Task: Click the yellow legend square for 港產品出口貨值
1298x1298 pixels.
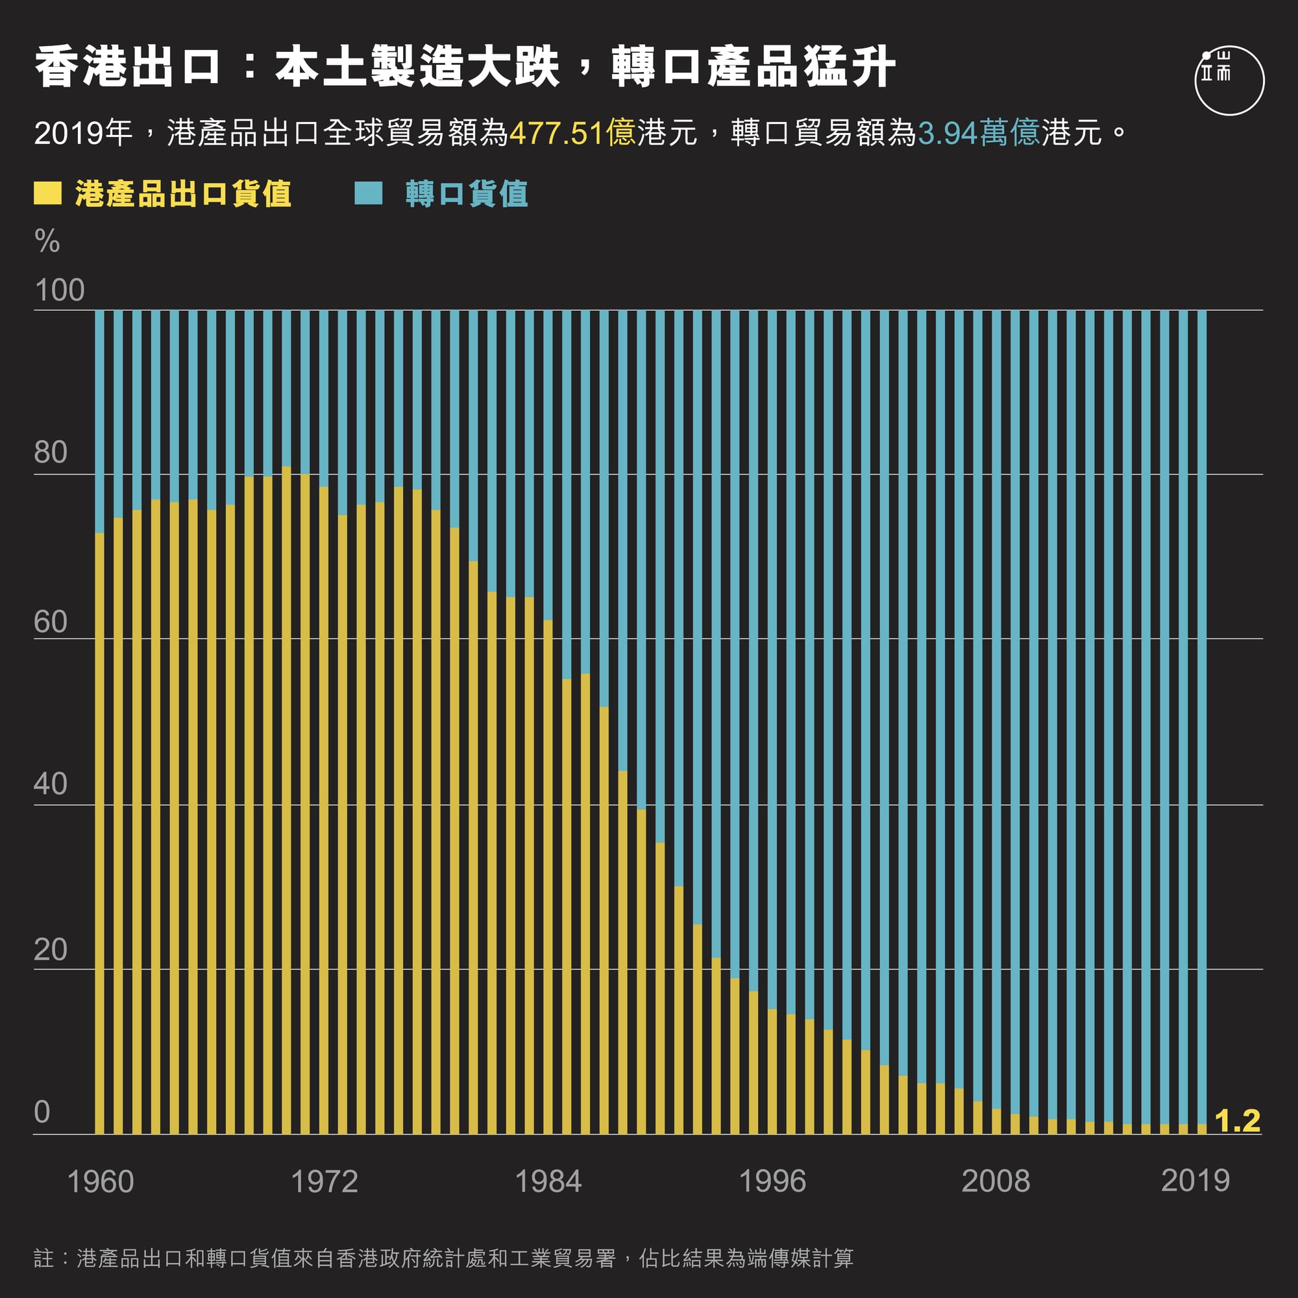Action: coord(47,193)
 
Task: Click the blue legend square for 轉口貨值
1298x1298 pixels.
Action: coord(368,193)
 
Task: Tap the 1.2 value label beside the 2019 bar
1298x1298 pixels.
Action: coord(1238,1121)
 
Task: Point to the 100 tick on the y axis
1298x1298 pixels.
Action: coord(59,290)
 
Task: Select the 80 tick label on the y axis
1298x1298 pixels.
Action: coord(51,452)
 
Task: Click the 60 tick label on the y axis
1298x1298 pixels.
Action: coord(51,622)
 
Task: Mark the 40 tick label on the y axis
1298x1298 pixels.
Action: coord(51,784)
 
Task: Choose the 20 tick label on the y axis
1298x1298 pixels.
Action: coord(51,950)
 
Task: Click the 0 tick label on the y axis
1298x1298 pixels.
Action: coord(42,1112)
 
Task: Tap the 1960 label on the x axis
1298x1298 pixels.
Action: coord(101,1182)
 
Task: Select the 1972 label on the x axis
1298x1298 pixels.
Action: coord(324,1182)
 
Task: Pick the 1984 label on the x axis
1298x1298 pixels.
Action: coord(548,1182)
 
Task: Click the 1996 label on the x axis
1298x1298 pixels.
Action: coord(772,1182)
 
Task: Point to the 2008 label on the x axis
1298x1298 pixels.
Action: coord(996,1182)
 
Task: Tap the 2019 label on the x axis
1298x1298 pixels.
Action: coord(1195,1181)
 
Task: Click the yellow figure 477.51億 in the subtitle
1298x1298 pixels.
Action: coord(572,133)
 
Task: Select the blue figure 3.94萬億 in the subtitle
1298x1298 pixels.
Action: coord(979,133)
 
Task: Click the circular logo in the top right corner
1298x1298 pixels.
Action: coord(1229,80)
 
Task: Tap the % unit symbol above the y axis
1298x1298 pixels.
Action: coord(47,241)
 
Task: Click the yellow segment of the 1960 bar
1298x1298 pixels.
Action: coord(99,833)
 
